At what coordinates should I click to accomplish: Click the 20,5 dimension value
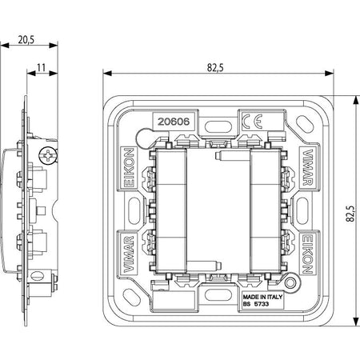[x=26, y=40]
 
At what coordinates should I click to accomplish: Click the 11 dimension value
[x=41, y=68]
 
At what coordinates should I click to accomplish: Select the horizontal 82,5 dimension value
[x=215, y=68]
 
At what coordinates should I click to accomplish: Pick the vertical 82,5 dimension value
[x=350, y=214]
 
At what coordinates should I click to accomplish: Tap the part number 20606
[x=174, y=122]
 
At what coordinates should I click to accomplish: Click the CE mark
[x=252, y=122]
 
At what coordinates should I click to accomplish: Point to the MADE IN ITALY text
[x=262, y=297]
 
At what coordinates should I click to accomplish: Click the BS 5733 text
[x=256, y=304]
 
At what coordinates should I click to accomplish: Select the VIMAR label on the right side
[x=308, y=167]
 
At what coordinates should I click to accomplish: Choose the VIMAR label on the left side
[x=129, y=254]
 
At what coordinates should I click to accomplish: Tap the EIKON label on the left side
[x=130, y=168]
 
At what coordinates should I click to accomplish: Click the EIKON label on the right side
[x=307, y=254]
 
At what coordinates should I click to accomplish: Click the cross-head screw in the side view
[x=48, y=156]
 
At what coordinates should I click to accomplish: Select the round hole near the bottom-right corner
[x=290, y=282]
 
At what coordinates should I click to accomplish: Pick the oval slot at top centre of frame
[x=218, y=126]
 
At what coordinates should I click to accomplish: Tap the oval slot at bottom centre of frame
[x=218, y=295]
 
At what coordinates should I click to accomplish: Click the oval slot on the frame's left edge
[x=134, y=210]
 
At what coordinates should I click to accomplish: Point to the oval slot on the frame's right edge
[x=302, y=210]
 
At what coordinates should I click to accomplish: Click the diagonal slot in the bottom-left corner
[x=131, y=296]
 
